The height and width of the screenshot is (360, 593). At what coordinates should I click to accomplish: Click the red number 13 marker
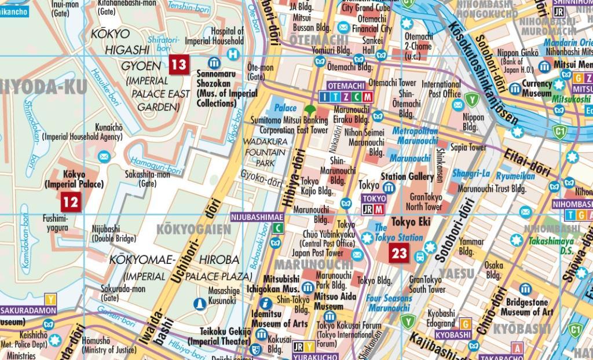178,64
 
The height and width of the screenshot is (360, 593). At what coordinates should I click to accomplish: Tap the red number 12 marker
70,201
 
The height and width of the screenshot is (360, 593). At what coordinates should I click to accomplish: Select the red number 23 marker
399,252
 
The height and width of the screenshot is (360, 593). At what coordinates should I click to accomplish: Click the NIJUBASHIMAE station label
258,217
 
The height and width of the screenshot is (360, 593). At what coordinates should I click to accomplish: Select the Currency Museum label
537,89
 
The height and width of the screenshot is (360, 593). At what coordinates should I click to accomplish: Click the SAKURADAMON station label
27,311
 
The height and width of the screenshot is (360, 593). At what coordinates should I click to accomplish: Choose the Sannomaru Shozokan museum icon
214,63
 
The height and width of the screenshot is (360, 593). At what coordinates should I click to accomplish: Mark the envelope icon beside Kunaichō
104,156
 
